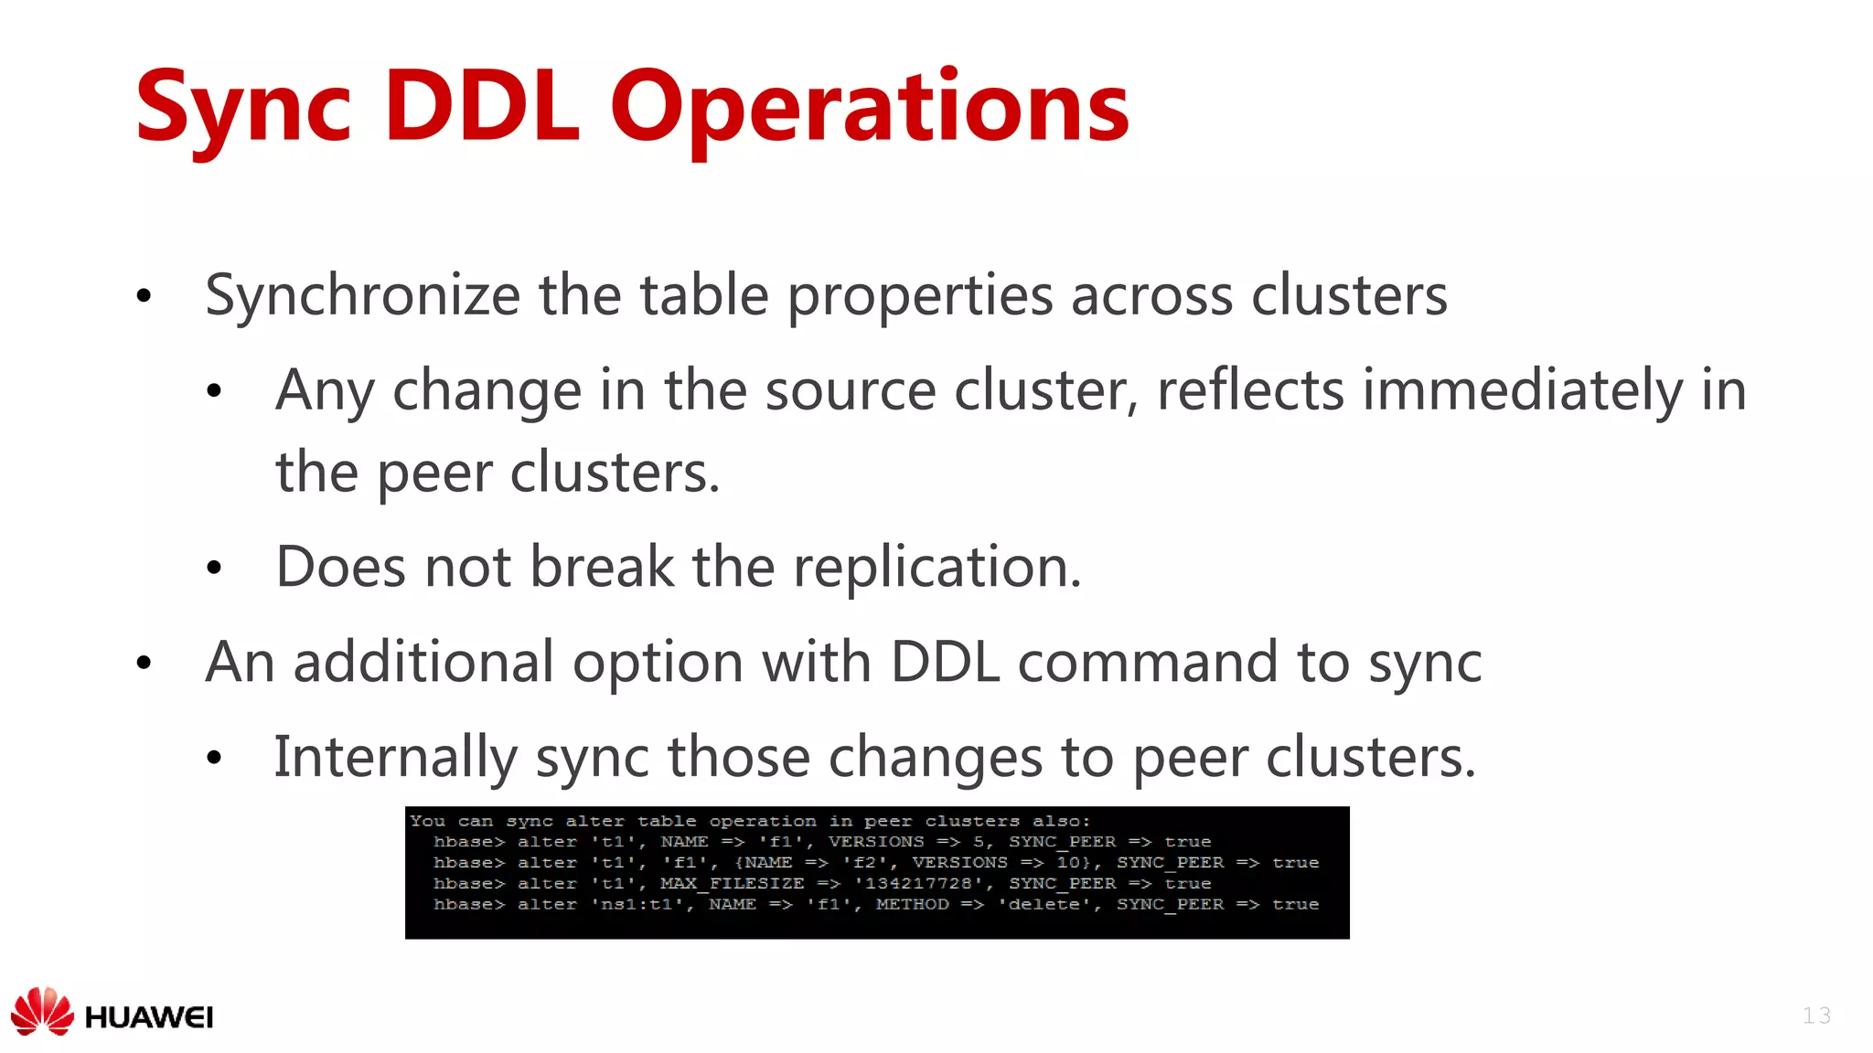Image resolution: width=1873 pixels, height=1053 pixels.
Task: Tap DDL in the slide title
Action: (x=482, y=107)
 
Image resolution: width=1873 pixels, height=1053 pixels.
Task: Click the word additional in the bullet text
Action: (x=423, y=663)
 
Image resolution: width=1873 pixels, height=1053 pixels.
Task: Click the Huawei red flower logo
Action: (x=42, y=1011)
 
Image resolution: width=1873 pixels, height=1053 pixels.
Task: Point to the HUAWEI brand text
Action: (x=148, y=1017)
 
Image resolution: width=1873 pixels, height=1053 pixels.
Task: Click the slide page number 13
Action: (x=1816, y=1016)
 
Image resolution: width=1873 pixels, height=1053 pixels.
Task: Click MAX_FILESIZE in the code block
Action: (x=732, y=884)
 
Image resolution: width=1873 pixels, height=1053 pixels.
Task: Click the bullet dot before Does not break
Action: (x=214, y=569)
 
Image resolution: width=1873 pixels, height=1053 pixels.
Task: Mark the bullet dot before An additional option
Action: (x=144, y=664)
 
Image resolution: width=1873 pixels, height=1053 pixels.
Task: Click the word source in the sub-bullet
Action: (x=850, y=391)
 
